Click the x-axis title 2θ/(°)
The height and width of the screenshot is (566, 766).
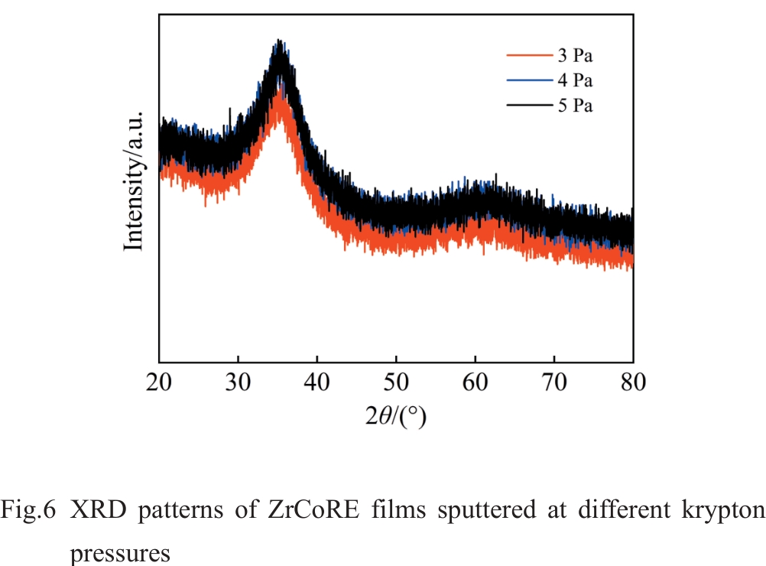coord(395,416)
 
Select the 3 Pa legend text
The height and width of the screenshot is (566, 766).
coord(575,55)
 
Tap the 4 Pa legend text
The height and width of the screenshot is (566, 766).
coord(575,80)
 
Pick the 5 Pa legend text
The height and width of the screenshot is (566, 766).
coord(575,106)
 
